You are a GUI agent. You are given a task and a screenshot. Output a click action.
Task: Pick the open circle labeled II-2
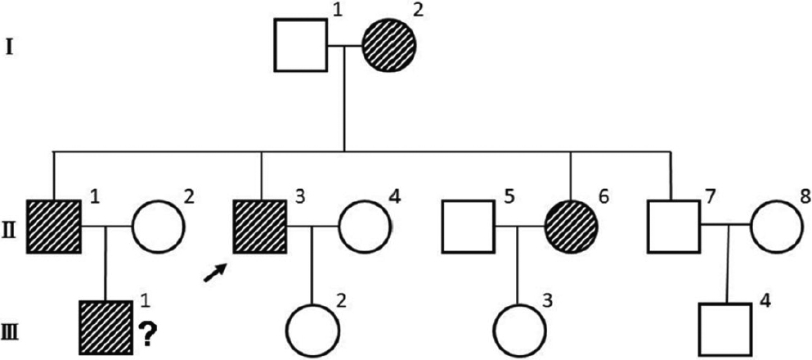[159, 225]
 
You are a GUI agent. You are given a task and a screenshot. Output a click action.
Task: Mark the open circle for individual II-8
[774, 225]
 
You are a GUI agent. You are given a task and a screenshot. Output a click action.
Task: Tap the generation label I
[9, 47]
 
